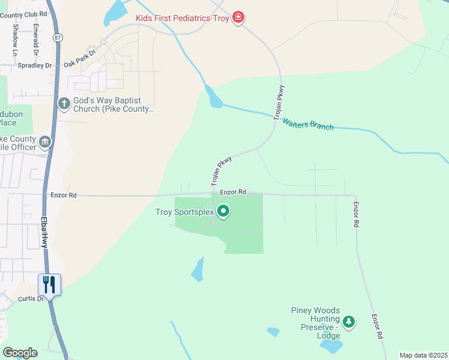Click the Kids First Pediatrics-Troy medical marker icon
click(x=239, y=17)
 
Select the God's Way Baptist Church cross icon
click(x=64, y=104)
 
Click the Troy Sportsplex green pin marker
click(x=223, y=211)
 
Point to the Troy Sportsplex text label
click(x=184, y=212)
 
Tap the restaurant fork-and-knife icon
click(x=49, y=284)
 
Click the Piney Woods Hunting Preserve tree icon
click(x=349, y=322)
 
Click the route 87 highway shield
click(x=57, y=37)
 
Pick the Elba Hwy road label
click(x=44, y=232)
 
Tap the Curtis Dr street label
click(x=31, y=298)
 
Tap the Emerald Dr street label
click(x=36, y=35)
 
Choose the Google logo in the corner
click(x=20, y=353)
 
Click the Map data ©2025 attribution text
click(x=423, y=355)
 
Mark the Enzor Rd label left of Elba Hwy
click(x=64, y=195)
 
